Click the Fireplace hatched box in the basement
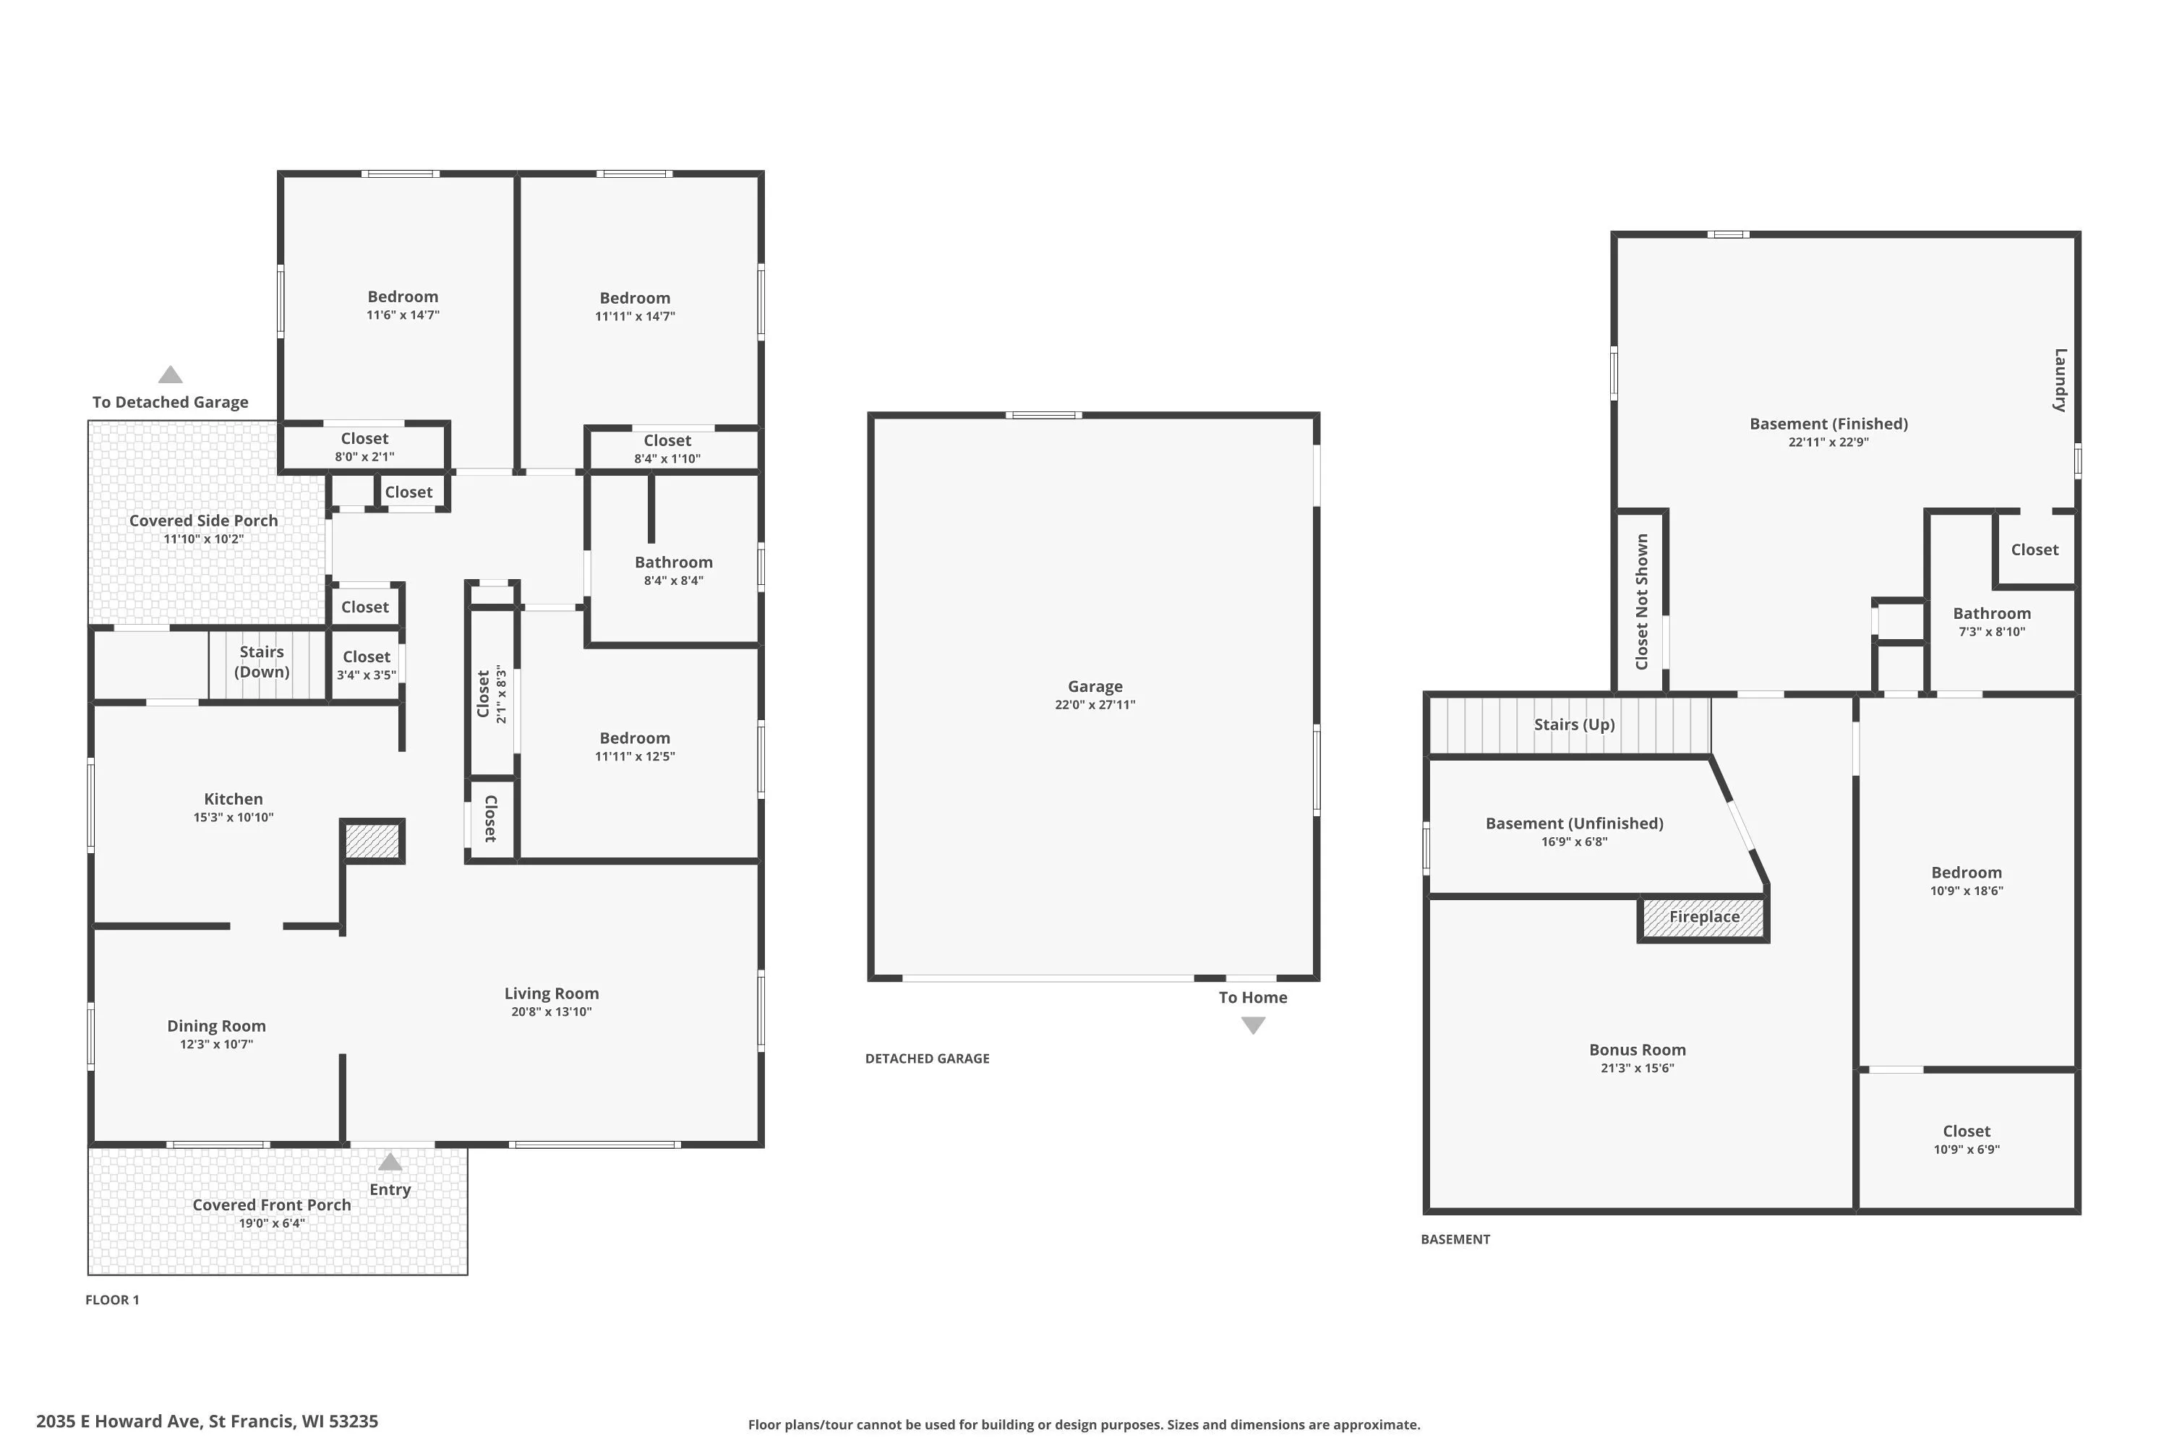tap(1703, 918)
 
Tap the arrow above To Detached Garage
tap(171, 375)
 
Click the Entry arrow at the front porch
tap(390, 1162)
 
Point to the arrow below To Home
tap(1253, 1025)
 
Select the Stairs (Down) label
tap(262, 662)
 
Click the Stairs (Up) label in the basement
tap(1574, 725)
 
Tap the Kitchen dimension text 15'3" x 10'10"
tap(234, 817)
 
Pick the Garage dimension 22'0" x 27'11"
tap(1095, 704)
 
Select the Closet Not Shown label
tap(1641, 602)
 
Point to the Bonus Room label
tap(1638, 1050)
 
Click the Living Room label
tap(552, 993)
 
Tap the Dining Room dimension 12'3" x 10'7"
tap(217, 1044)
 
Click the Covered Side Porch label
tap(204, 520)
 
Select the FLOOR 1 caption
tap(113, 1300)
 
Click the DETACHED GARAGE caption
tap(928, 1058)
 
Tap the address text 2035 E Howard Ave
tap(118, 1421)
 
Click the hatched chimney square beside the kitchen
tap(372, 841)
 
